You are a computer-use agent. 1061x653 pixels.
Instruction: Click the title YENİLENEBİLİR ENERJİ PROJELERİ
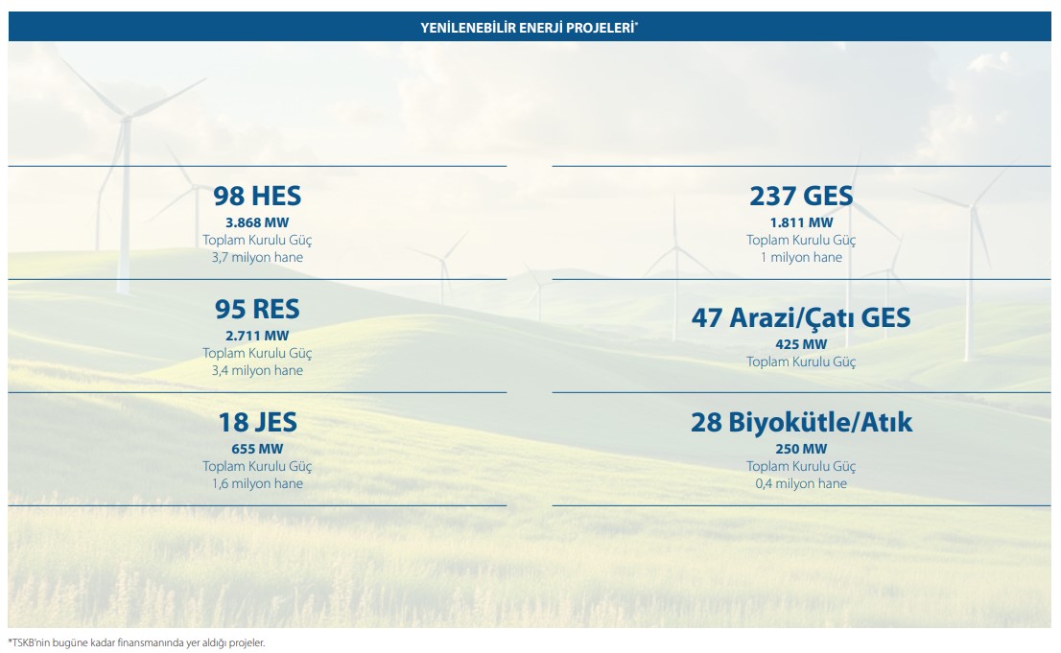coord(530,28)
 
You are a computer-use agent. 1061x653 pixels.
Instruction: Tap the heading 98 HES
coord(257,197)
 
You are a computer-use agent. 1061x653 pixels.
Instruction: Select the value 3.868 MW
coord(257,222)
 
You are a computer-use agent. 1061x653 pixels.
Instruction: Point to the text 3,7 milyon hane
coord(257,257)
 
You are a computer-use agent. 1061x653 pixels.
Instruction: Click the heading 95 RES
coord(257,310)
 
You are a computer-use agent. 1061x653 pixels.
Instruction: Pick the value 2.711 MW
coord(257,336)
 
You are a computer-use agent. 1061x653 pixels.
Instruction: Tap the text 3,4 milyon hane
coord(257,370)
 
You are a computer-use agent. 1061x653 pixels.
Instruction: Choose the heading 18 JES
coord(257,422)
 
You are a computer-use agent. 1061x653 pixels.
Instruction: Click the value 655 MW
coord(257,449)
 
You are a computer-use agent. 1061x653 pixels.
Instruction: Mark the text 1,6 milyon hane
coord(257,483)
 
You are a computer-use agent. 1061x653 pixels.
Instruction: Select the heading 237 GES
coord(801,197)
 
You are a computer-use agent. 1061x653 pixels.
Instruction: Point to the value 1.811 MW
coord(801,222)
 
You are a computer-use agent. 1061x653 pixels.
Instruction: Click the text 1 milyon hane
coord(801,257)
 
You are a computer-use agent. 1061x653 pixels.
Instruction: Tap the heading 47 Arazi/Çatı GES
coord(801,318)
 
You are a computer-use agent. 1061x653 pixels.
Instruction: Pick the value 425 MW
coord(801,344)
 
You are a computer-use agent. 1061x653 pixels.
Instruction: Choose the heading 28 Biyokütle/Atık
coord(801,422)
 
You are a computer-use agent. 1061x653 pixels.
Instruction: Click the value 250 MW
coord(801,449)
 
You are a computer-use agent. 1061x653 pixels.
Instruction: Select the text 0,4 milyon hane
coord(801,483)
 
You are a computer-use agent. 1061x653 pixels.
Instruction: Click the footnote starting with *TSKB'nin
coord(136,642)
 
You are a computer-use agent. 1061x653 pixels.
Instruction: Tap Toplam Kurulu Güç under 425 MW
coord(801,362)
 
